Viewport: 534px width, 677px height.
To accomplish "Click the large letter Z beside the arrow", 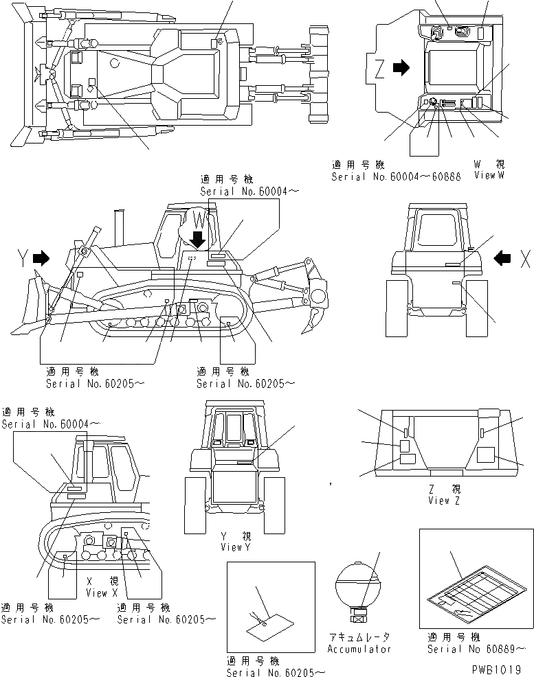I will (x=380, y=68).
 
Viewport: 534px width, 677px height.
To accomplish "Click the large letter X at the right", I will (x=525, y=258).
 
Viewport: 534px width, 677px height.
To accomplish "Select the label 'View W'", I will (x=489, y=175).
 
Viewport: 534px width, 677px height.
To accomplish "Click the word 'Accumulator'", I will (x=359, y=649).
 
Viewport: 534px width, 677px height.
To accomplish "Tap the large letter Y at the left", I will (x=23, y=258).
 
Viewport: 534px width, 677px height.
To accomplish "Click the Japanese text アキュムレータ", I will (x=359, y=637).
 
